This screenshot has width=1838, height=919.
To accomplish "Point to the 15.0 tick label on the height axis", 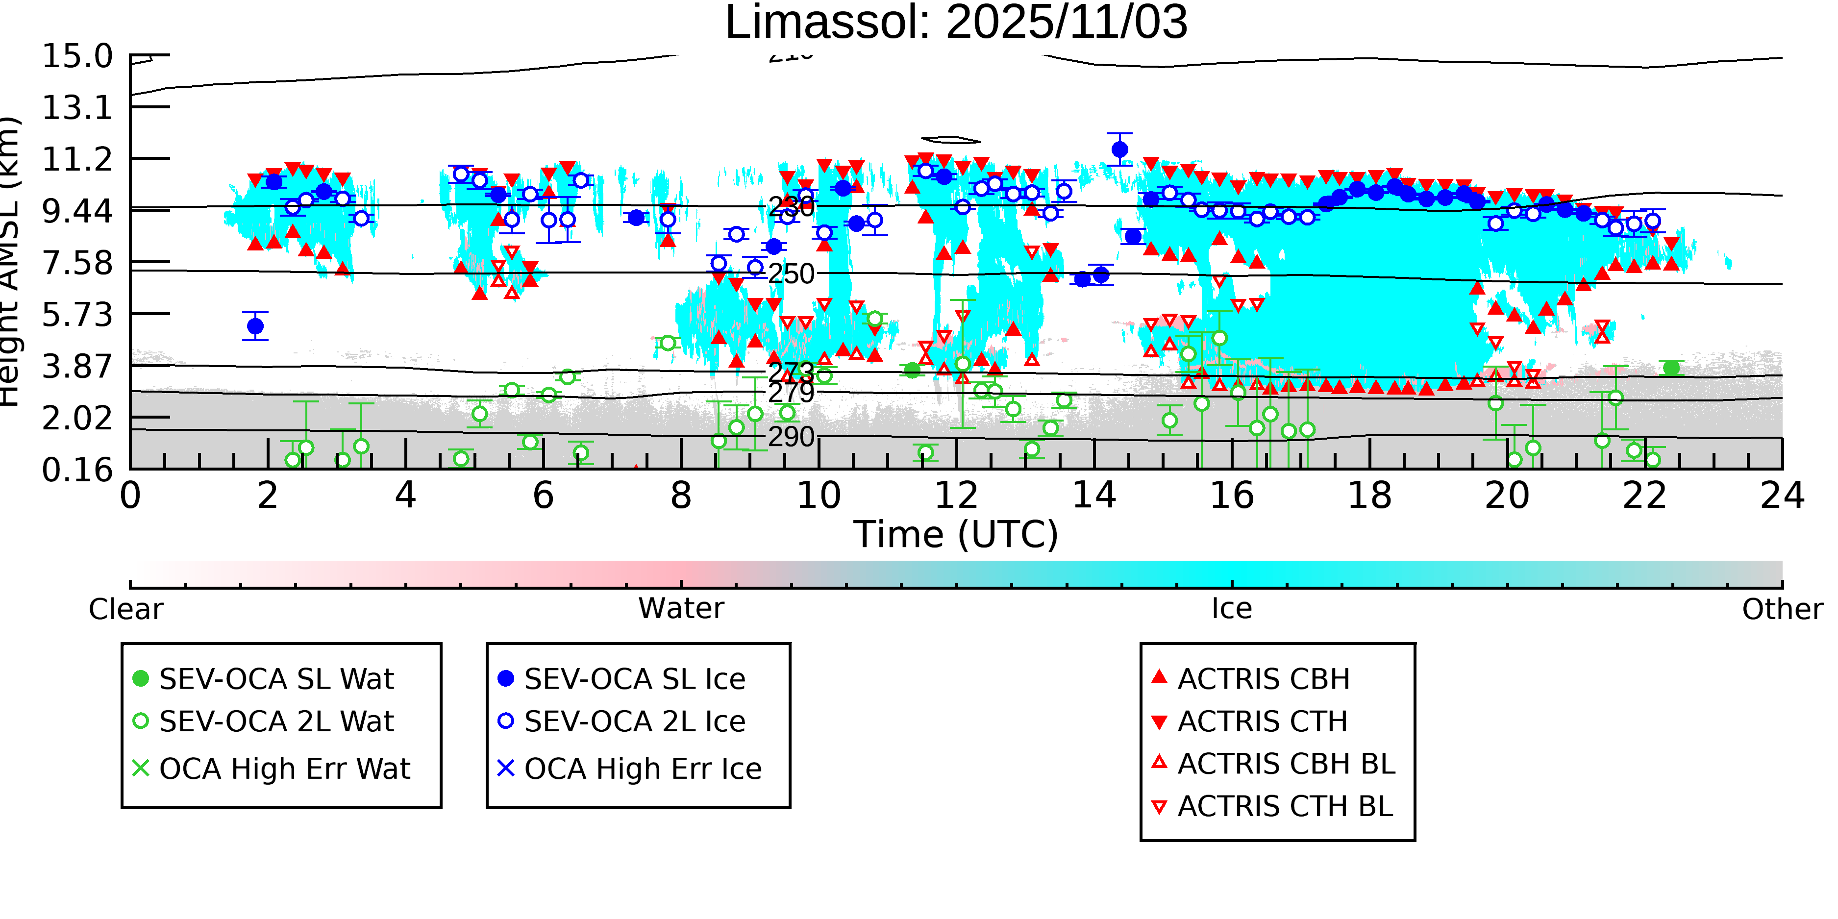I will pos(77,56).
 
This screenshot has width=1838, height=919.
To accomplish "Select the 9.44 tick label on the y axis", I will pos(77,210).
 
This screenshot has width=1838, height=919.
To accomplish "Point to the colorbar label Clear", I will pos(125,609).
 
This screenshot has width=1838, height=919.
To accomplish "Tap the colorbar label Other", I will pos(1782,609).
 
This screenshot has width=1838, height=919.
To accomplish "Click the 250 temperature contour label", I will pos(791,274).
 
